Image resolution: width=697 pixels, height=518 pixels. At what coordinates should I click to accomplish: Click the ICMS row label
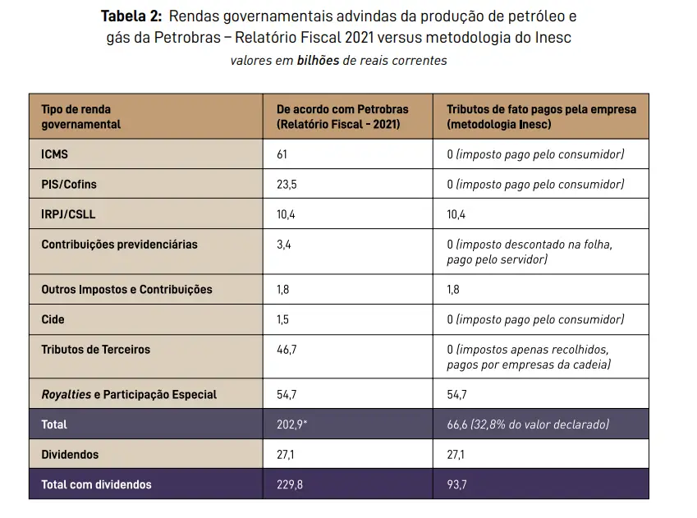[55, 154]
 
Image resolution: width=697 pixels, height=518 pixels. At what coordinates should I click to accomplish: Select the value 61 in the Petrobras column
[282, 154]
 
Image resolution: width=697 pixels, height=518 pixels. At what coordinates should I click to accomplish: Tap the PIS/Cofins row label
[69, 185]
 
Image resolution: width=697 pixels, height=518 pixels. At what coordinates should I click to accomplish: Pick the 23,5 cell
[287, 185]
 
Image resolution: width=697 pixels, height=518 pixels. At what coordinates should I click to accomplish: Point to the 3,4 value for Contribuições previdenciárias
[284, 245]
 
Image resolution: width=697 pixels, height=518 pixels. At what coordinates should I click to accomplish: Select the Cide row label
[53, 319]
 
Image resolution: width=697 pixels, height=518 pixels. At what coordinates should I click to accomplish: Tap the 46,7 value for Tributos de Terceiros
[287, 350]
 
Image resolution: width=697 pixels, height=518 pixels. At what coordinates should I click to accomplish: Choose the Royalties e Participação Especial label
[129, 395]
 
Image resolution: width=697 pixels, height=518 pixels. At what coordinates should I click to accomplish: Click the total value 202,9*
[292, 424]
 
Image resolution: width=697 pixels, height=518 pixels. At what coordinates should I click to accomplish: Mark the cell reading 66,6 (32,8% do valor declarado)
[528, 424]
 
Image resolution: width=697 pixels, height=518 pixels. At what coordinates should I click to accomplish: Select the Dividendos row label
[70, 454]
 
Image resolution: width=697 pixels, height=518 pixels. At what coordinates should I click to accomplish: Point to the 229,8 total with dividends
[290, 484]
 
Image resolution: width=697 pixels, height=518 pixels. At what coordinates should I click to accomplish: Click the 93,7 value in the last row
[457, 484]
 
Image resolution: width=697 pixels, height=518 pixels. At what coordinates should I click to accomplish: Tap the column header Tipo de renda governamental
[80, 117]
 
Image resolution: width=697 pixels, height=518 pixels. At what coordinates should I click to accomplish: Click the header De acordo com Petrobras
[342, 109]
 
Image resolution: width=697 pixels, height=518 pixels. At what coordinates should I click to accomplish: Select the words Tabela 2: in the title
[131, 16]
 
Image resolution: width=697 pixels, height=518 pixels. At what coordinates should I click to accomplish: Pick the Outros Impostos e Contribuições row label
[126, 290]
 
